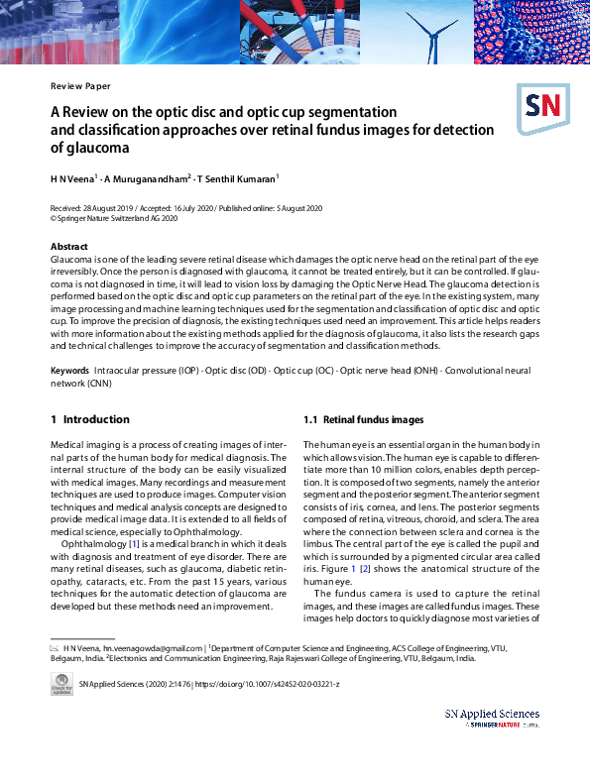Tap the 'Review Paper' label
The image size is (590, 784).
coord(80,86)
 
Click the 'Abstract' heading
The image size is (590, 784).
coord(69,247)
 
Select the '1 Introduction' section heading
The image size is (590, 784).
coord(90,419)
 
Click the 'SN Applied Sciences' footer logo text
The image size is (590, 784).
coord(492,714)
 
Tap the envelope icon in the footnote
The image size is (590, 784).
coord(55,646)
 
